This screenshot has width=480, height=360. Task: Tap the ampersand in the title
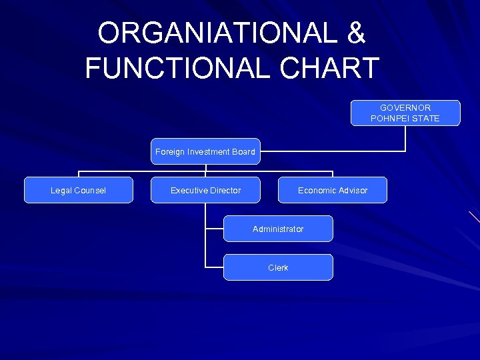click(x=356, y=33)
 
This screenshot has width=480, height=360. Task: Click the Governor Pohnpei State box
click(x=405, y=113)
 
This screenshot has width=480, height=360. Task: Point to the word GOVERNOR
click(x=405, y=107)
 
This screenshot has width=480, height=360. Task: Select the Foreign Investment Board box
click(x=205, y=151)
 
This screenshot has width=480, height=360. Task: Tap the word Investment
click(x=206, y=152)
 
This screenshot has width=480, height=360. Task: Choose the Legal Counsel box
click(x=79, y=190)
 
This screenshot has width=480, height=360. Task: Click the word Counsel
click(x=90, y=191)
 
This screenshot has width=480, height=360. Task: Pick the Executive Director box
click(x=205, y=190)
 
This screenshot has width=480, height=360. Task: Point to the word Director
click(x=225, y=191)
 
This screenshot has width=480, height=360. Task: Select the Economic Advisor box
click(x=332, y=190)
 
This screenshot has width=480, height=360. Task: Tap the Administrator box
click(x=278, y=229)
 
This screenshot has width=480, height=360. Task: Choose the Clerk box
click(x=278, y=267)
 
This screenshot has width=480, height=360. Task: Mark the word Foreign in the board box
click(x=169, y=152)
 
